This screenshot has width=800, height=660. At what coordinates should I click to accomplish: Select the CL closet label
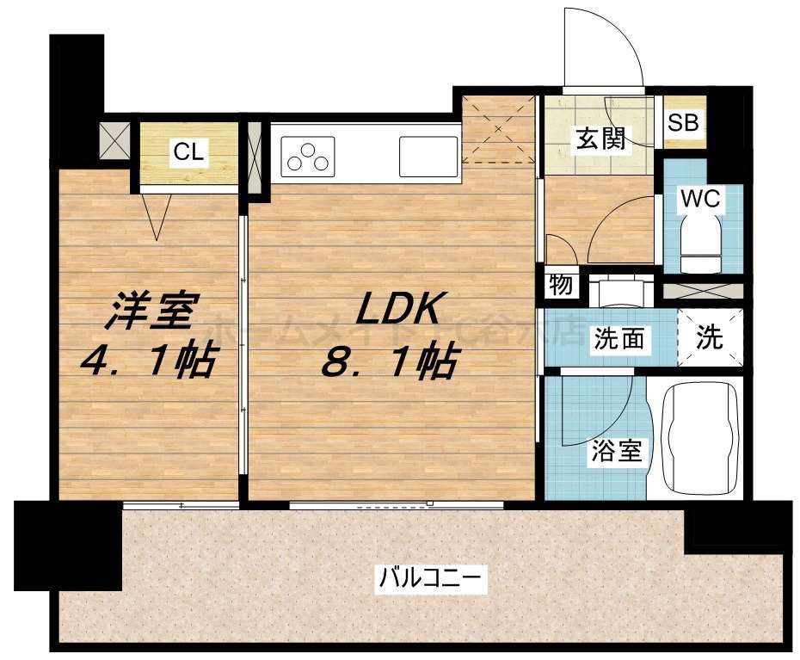pyautogui.click(x=188, y=152)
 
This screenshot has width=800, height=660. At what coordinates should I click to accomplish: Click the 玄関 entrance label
pyautogui.click(x=600, y=138)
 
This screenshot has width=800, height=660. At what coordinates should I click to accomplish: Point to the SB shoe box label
pyautogui.click(x=686, y=122)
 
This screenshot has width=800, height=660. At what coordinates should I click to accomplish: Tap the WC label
pyautogui.click(x=701, y=199)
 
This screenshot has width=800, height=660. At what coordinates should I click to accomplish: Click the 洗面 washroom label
pyautogui.click(x=618, y=339)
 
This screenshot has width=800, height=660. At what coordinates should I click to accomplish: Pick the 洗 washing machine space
pyautogui.click(x=710, y=337)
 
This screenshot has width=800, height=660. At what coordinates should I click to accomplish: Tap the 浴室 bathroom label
pyautogui.click(x=617, y=451)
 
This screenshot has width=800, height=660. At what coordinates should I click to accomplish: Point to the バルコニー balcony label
pyautogui.click(x=433, y=577)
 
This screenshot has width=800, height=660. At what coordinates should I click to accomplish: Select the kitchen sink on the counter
pyautogui.click(x=428, y=156)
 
